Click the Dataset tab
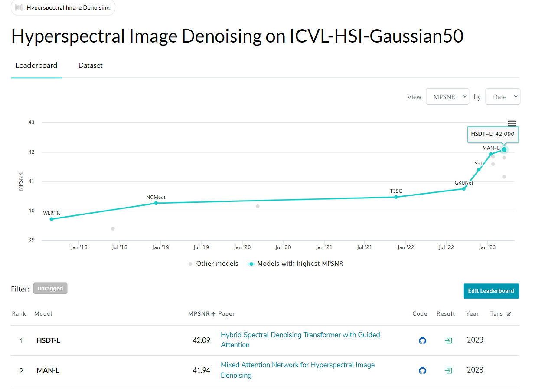90,66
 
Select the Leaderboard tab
36,66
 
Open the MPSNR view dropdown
447,97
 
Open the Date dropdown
503,97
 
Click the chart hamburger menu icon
512,124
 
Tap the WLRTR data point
52,219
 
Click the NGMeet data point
156,203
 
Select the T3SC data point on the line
396,197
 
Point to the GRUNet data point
464,188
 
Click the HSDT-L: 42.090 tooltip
493,134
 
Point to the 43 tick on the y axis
31,122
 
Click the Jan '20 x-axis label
242,247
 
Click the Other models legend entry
213,264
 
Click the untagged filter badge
50,288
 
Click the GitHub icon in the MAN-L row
422,371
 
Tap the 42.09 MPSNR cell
201,340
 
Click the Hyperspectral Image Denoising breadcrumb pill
63,7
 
